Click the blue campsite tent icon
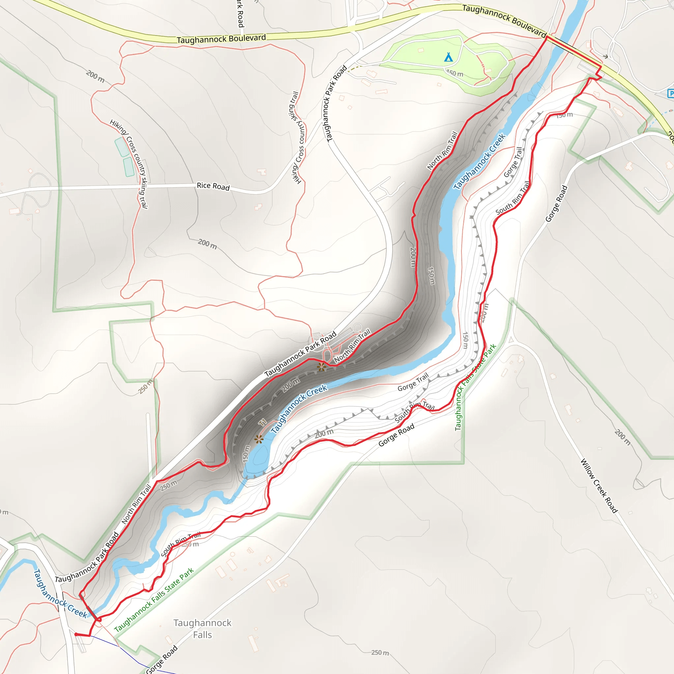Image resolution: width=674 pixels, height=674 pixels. tap(448, 57)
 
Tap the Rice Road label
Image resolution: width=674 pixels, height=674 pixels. tap(213, 186)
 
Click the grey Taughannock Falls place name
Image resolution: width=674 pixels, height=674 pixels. tap(202, 629)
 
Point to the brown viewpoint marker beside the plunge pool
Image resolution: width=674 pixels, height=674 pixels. tap(258, 439)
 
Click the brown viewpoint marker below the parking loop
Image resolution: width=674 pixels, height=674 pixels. tap(321, 367)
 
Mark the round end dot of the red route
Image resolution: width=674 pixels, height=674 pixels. tap(76, 634)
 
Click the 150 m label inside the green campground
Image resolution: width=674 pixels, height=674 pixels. tap(454, 74)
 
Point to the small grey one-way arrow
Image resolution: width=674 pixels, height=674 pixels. tap(605, 57)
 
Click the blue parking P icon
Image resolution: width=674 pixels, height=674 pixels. tap(670, 93)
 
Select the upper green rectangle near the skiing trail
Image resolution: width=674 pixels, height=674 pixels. tap(122, 147)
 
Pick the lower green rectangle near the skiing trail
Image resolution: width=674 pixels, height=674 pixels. tap(129, 167)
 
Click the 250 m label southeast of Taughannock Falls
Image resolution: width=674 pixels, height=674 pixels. tap(380, 652)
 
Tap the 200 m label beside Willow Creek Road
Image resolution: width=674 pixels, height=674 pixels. tap(622, 437)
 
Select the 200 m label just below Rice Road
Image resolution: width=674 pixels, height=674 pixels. tap(207, 244)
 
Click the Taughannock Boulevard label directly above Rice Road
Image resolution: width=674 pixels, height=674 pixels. tap(221, 39)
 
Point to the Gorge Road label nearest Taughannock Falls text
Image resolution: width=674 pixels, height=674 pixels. tap(162, 659)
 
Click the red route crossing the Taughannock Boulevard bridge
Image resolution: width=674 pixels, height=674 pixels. tap(574, 51)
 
